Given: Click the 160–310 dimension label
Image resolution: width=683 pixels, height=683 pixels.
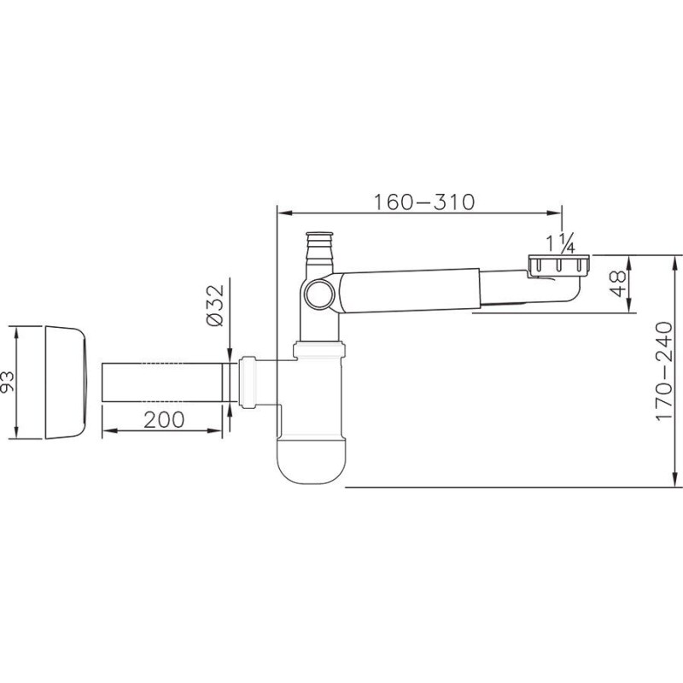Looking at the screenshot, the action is click(424, 201).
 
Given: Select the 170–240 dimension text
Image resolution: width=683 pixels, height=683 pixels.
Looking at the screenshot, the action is click(664, 371).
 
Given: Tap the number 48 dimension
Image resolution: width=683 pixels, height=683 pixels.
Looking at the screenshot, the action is click(618, 283).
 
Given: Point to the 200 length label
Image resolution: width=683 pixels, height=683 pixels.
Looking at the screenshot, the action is click(164, 419).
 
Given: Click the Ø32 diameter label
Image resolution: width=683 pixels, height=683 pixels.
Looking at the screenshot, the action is click(215, 305).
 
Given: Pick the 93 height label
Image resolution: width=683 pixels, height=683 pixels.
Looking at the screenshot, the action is click(8, 382).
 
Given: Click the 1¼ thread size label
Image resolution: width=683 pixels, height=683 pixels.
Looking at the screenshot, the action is click(562, 243).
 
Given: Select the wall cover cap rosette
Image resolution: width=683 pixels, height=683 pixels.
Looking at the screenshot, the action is click(67, 382).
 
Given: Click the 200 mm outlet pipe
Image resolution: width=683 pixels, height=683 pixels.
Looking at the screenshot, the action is click(162, 382).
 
